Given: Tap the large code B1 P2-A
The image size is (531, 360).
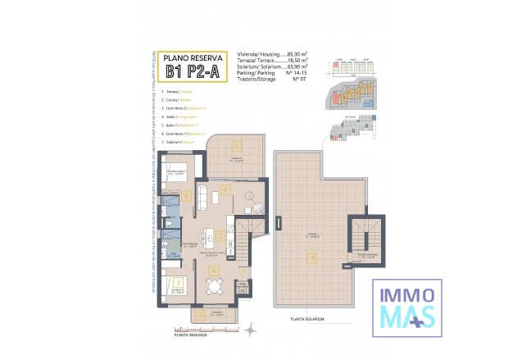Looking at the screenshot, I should click(x=192, y=71).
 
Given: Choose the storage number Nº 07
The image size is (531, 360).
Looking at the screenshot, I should click(x=288, y=80).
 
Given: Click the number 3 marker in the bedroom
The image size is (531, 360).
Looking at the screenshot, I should click(x=178, y=283).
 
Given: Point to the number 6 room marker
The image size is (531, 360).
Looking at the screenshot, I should click(x=188, y=195).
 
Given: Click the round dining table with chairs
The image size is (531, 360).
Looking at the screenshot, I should click(x=215, y=286).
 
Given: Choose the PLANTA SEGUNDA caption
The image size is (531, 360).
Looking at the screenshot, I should click(x=190, y=335).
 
